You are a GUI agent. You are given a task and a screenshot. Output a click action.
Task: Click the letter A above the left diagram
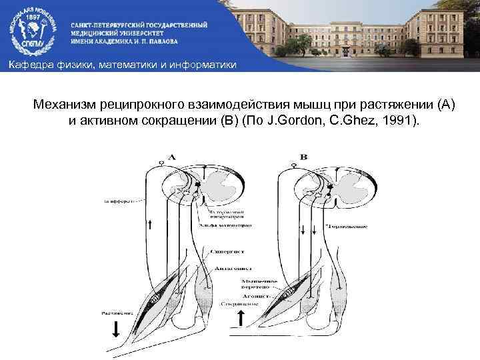tap(171, 157)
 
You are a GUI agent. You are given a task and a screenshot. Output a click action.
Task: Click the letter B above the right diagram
tap(304, 157)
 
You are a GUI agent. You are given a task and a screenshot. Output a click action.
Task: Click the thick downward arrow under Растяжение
tap(116, 329)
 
